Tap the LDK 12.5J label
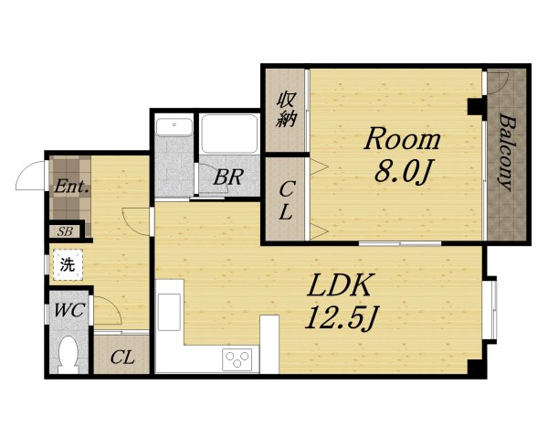coord(340,302)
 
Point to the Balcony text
coord(506,152)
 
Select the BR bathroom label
coord(227,177)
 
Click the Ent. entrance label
coord(71,187)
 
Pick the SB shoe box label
coord(65,231)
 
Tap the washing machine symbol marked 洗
coord(68,264)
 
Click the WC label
coord(69,310)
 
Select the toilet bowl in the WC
coord(68,355)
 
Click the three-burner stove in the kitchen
coord(237,359)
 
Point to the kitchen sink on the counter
coord(170,312)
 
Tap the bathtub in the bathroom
coord(229,134)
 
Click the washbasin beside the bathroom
coord(174,127)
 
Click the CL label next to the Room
coord(286,200)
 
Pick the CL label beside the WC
coord(122,358)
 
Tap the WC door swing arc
coord(113,304)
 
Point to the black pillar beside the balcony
coord(475,107)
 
